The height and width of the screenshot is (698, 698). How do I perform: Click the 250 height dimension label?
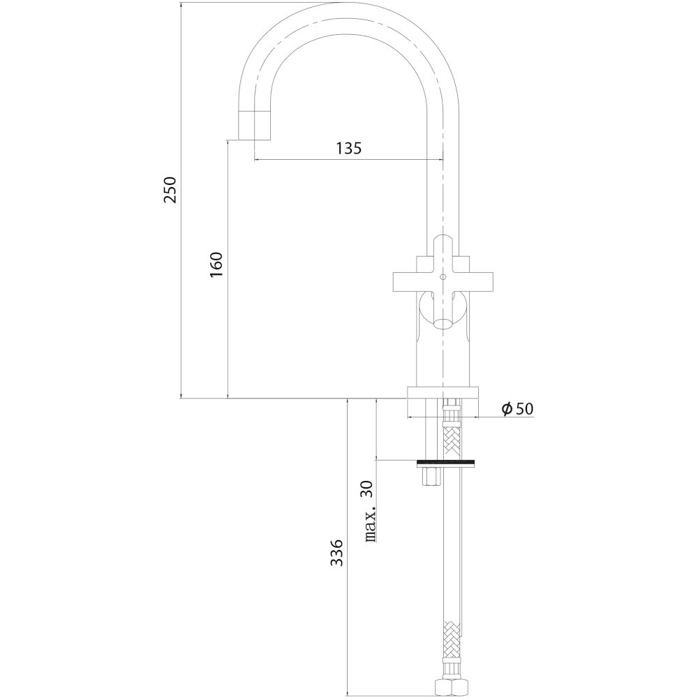(170, 190)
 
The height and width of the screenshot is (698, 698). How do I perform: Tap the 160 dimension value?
(216, 265)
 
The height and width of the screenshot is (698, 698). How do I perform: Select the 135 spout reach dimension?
(348, 148)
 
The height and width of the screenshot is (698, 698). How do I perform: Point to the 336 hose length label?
(337, 553)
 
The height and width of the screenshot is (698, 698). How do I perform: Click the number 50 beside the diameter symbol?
(523, 408)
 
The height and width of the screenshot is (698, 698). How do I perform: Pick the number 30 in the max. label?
(370, 489)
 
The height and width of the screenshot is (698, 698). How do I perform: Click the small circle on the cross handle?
(442, 277)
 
